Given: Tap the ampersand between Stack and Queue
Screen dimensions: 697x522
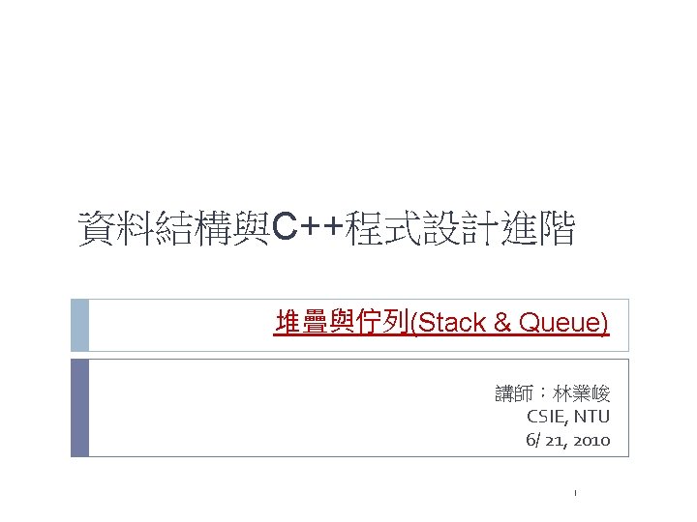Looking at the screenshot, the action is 501,323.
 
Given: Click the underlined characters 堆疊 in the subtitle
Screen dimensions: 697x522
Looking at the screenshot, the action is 300,323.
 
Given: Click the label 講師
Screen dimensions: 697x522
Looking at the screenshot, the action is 514,393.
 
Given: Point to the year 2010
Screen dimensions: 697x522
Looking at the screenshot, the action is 591,440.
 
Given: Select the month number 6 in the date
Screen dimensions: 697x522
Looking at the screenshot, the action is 530,440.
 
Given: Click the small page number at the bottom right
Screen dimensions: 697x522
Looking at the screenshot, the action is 574,494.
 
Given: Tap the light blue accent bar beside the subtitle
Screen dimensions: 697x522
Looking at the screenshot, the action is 79,324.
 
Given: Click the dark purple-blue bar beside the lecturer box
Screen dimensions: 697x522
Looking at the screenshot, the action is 79,407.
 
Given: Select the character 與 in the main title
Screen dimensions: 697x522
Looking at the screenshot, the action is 255,230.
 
